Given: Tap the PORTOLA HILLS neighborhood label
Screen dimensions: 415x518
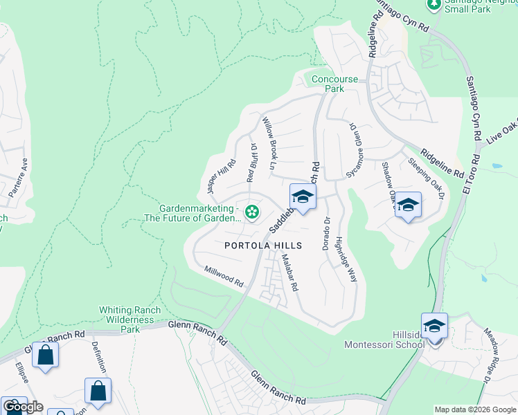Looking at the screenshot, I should point(263,246).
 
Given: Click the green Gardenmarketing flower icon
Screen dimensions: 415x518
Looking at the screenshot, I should point(252,212).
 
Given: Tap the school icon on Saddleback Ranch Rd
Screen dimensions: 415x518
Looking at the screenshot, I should point(303,197).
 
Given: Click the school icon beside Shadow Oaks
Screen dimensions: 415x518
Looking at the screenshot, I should point(408,205).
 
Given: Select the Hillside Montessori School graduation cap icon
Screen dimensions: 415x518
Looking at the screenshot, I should point(434,326).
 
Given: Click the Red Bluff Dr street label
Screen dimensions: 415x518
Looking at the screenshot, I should point(253,164).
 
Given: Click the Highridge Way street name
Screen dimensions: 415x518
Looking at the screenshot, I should point(346,259).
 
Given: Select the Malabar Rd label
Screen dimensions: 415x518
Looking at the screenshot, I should point(289,273).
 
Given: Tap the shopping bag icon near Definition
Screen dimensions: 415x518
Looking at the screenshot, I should point(98,391).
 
